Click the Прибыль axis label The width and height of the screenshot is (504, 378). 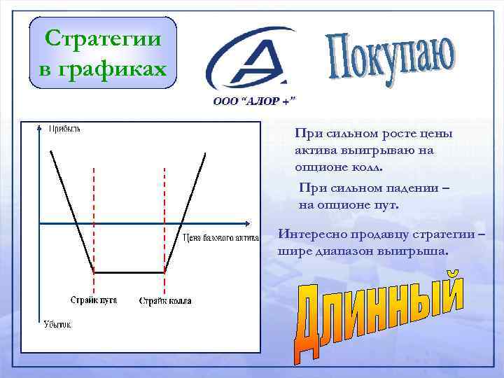(x=64, y=128)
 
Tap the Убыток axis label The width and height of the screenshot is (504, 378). (x=59, y=324)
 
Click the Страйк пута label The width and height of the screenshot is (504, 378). (x=93, y=300)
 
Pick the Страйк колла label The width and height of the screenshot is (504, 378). (x=164, y=301)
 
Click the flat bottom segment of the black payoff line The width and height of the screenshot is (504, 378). (x=129, y=272)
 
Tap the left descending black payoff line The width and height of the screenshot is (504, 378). (x=70, y=210)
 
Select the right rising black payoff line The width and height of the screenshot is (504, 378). (x=185, y=210)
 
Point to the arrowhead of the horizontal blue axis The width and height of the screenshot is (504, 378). (x=246, y=224)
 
